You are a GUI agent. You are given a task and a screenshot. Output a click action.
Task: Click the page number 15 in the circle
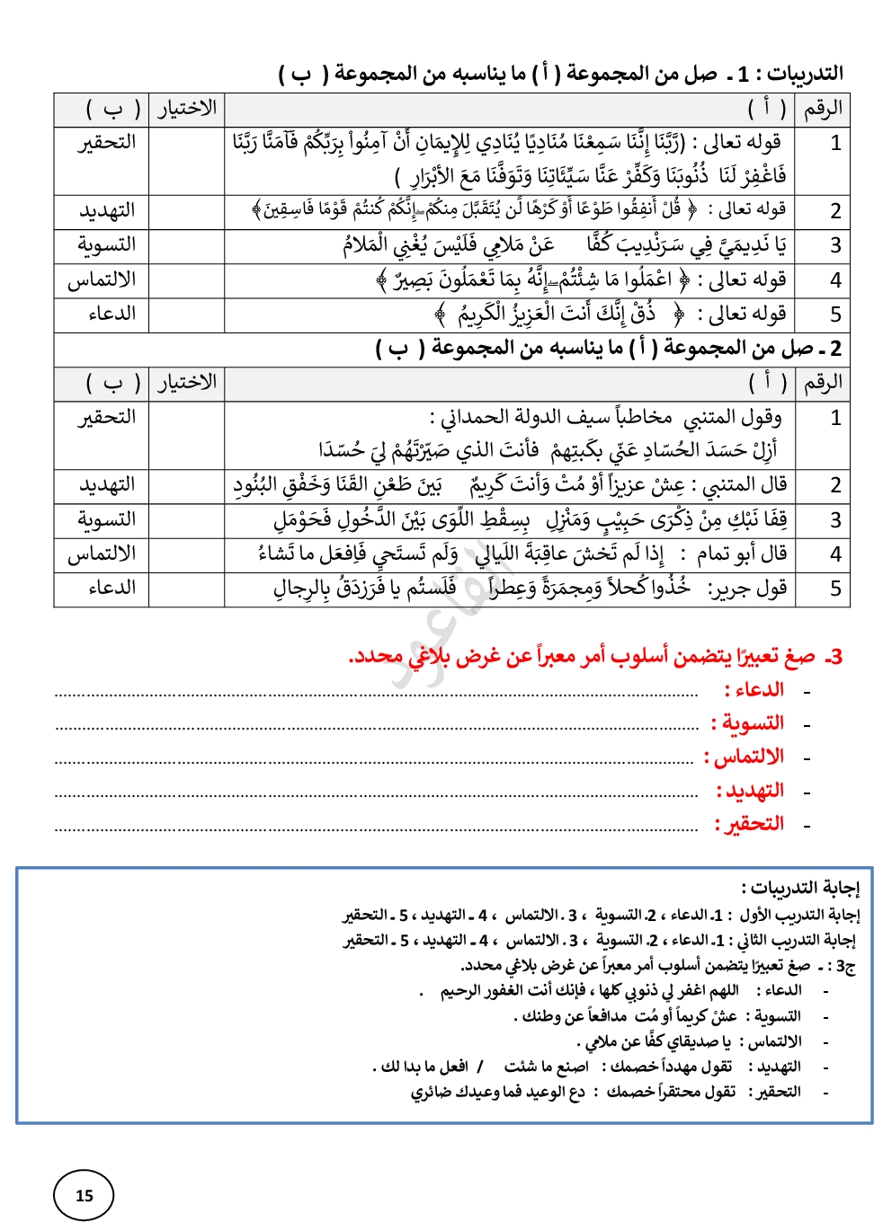point(85,1195)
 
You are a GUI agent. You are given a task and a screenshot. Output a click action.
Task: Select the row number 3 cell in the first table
point(835,245)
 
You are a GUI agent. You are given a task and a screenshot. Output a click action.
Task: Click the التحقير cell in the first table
point(107,143)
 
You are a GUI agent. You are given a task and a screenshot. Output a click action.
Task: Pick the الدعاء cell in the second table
point(112,589)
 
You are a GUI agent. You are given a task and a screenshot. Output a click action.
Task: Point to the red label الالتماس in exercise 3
point(744,757)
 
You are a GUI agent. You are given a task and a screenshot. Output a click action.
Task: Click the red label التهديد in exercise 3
point(750,791)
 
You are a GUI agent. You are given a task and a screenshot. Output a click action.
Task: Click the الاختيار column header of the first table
point(187,109)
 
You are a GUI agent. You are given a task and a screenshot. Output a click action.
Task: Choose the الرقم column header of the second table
point(823,383)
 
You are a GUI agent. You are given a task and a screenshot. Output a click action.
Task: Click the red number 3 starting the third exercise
point(835,657)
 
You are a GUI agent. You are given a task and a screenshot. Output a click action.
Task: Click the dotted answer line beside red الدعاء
point(378,694)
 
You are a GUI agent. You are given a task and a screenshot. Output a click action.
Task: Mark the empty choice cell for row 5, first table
point(186,314)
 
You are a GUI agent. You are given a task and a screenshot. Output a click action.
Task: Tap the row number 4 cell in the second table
point(835,554)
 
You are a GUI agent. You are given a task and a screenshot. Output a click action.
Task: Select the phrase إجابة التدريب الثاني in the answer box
point(796,941)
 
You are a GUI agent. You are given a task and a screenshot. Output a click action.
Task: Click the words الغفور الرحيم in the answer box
point(477,990)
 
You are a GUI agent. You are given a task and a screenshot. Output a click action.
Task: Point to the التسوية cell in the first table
point(107,245)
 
